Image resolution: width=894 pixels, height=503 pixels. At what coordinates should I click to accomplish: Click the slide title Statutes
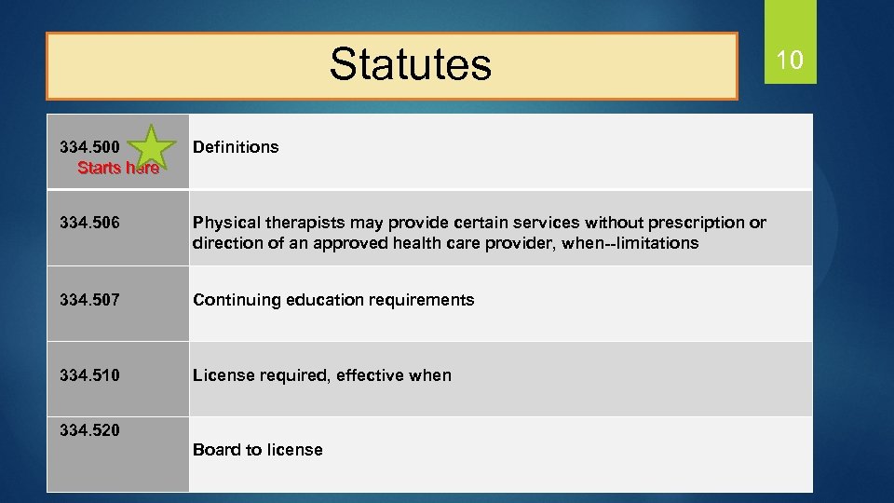click(x=410, y=64)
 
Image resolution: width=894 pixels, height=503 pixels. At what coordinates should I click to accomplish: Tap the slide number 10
click(x=789, y=61)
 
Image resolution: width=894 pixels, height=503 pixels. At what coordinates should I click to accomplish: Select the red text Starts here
click(x=118, y=169)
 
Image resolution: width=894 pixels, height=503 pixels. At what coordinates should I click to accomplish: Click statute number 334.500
click(x=89, y=147)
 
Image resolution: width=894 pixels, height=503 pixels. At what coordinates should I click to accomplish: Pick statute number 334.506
click(x=89, y=223)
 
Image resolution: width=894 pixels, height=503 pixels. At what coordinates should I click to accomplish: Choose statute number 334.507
click(x=89, y=299)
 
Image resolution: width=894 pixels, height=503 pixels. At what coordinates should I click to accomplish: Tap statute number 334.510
click(x=89, y=374)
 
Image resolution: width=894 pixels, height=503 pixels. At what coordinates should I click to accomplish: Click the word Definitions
click(x=236, y=147)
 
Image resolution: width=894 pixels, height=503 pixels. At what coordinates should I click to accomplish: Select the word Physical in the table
click(x=223, y=223)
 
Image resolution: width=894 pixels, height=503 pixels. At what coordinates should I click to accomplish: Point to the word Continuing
click(x=233, y=300)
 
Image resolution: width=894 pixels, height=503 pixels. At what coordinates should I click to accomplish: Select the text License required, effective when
click(x=321, y=375)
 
